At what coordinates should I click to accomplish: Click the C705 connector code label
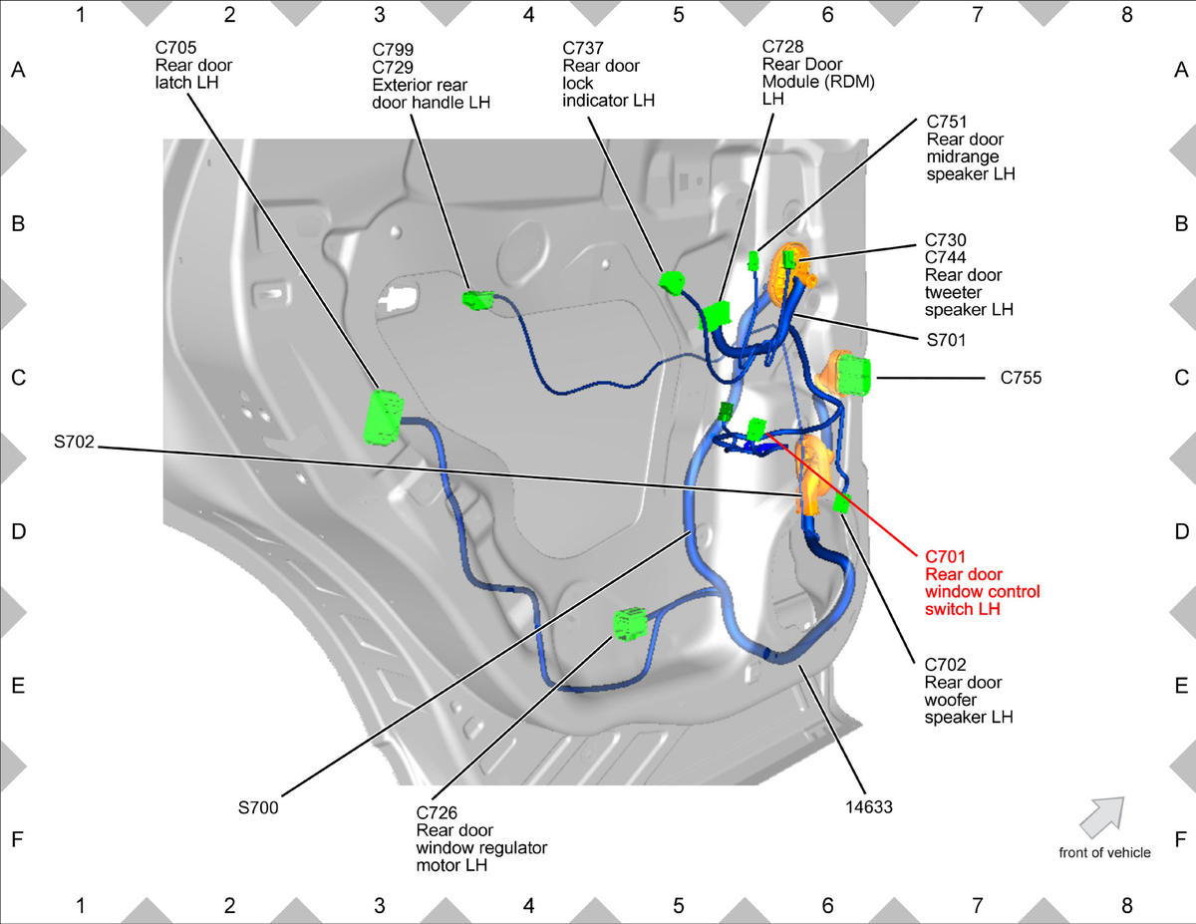click(175, 48)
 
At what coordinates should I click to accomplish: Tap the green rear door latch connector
click(383, 417)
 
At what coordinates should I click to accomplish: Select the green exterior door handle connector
click(477, 300)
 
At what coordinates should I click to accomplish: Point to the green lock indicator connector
click(672, 282)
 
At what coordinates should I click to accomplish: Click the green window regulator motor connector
click(629, 624)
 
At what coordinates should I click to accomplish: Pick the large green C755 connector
click(853, 376)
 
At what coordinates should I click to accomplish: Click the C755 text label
click(1021, 378)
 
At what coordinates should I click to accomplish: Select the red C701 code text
click(945, 557)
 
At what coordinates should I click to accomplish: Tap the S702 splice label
click(74, 442)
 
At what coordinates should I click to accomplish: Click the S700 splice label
click(258, 807)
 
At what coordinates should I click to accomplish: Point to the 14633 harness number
click(868, 806)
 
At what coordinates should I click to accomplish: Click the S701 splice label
click(946, 340)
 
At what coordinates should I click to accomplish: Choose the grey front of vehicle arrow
click(1102, 817)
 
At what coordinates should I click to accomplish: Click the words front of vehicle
click(1104, 852)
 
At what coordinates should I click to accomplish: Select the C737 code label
click(583, 49)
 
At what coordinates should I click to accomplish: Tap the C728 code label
click(782, 47)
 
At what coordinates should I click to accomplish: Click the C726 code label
click(437, 812)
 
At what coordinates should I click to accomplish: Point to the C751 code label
click(947, 121)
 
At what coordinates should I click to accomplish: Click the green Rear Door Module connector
click(716, 316)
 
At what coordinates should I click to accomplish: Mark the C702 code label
click(945, 664)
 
